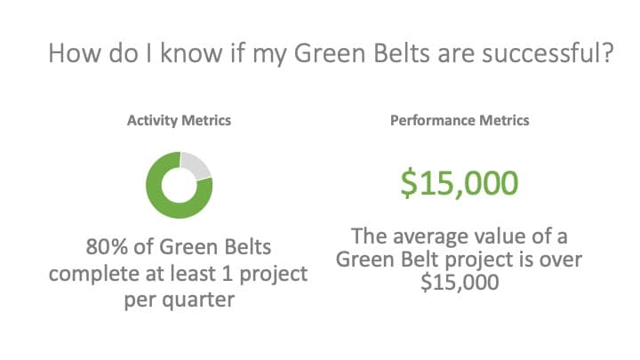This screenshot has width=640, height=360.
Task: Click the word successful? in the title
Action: coord(548,53)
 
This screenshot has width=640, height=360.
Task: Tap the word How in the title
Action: coord(75,53)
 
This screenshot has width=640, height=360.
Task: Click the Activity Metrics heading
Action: coord(180,120)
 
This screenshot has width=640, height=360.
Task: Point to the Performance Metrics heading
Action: coord(460,120)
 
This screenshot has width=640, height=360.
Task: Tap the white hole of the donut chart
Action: coord(180,185)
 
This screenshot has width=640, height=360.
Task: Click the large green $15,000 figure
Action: coord(460,184)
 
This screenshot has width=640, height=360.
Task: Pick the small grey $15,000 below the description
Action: coord(460,283)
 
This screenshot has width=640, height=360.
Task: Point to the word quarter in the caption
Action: coord(198,300)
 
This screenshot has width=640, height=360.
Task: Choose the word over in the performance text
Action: coord(561,260)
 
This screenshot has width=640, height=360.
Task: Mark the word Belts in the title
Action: coord(402,53)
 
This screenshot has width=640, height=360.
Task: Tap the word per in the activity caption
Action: coord(140,300)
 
